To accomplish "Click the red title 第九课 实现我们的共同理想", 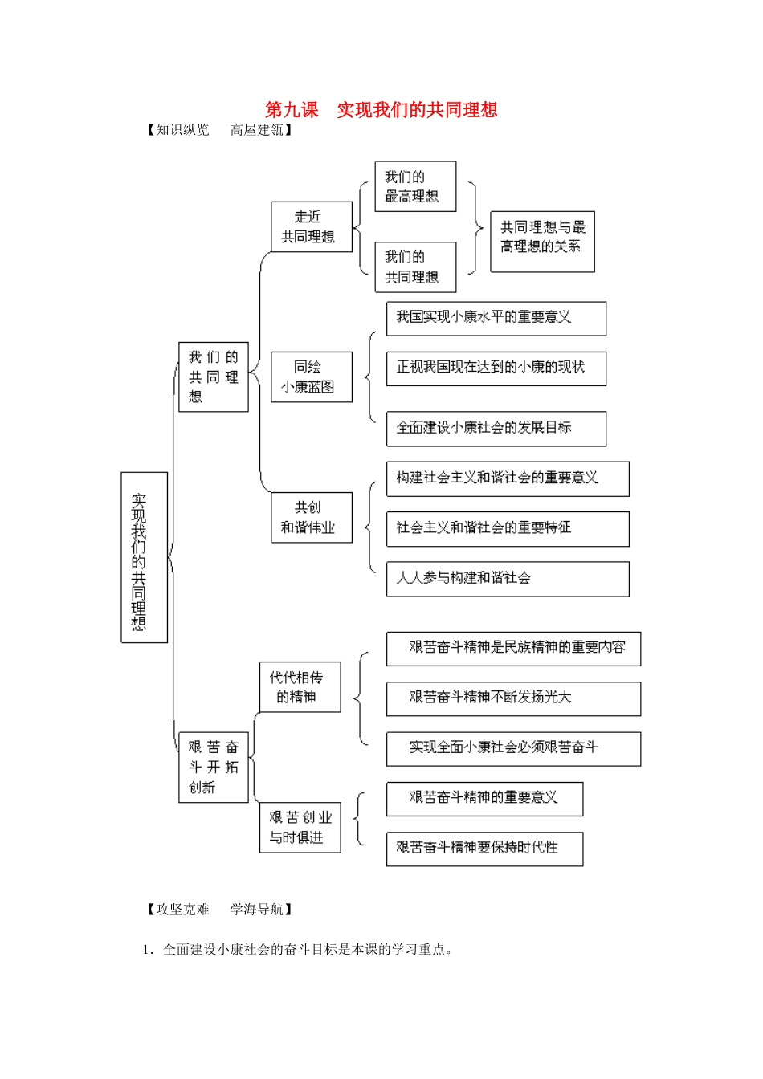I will (381, 110).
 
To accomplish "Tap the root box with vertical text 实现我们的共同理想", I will (144, 557).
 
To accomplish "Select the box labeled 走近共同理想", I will (311, 226).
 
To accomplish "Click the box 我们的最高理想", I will (414, 186).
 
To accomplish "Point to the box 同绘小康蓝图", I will (311, 377).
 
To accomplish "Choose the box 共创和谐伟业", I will (311, 517).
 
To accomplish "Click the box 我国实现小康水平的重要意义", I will (496, 318).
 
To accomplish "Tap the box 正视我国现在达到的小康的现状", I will (496, 368).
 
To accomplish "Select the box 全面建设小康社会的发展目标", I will (496, 428).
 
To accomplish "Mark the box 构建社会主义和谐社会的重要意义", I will (507, 478).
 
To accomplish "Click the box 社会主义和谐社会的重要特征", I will (507, 528).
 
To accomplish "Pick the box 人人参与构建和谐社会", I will (507, 578).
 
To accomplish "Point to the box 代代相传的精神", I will (300, 686).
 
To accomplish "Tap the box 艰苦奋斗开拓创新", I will (213, 767).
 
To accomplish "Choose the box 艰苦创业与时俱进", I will (300, 827).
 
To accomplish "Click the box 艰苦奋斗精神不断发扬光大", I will (512, 698).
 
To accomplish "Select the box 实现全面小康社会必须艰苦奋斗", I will (512, 748).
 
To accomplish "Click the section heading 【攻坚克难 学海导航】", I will (219, 909).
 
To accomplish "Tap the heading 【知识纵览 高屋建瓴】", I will (219, 130).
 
